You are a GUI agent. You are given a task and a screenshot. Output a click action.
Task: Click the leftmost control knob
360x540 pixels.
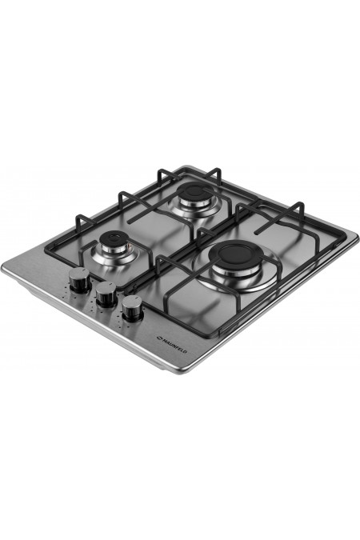tap(79, 280)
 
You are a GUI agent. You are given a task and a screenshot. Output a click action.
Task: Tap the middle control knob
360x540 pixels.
tap(106, 294)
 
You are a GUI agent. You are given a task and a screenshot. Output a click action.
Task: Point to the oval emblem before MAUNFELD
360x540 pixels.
tap(159, 338)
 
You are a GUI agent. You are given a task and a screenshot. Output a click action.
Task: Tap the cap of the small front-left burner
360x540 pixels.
tap(114, 238)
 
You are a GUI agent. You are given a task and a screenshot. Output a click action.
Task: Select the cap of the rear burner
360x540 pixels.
tap(194, 190)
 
